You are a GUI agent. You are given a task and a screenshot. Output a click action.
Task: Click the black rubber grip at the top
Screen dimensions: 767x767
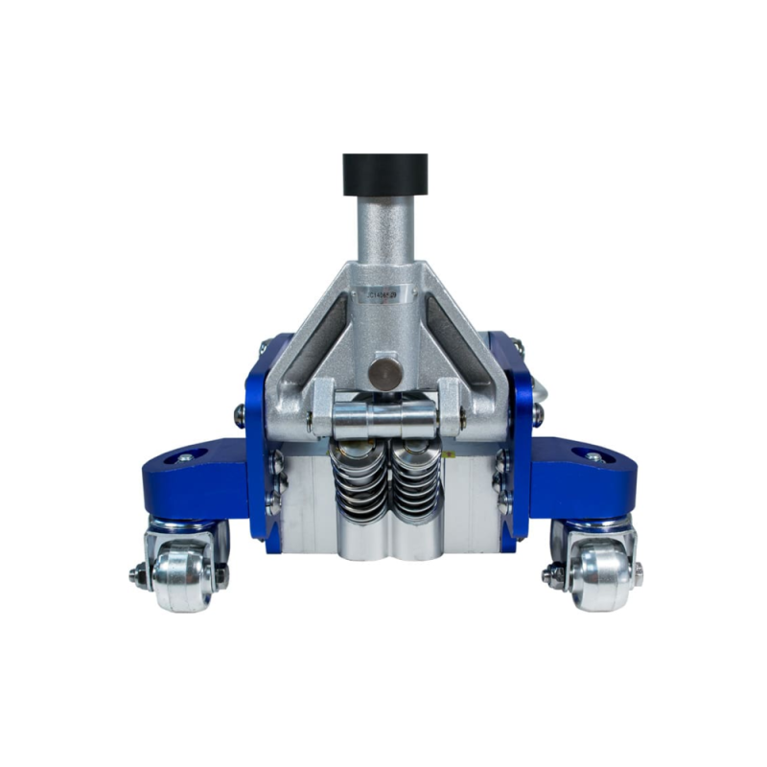coord(384,174)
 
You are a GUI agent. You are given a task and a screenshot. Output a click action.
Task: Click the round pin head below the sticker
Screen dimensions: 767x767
coord(385,370)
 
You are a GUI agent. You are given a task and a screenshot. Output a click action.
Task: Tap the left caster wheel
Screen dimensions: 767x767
coord(183,579)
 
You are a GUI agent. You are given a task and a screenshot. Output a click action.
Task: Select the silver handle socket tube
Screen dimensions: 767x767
coord(384,240)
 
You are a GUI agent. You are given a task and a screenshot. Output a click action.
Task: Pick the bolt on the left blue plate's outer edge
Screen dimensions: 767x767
coord(240,414)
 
